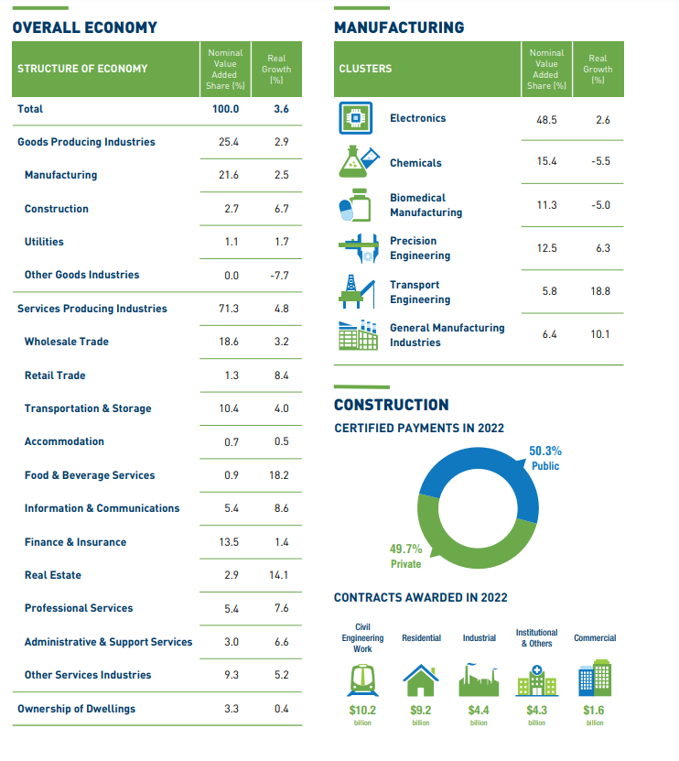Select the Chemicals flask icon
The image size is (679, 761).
coord(358,161)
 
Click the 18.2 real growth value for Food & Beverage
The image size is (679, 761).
coord(280,475)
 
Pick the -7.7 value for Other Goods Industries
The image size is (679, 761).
coord(280,275)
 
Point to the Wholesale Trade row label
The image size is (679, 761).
coord(67,342)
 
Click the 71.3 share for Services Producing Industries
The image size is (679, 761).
coord(229,309)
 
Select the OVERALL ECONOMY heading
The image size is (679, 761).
coord(85,27)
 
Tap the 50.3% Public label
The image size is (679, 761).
coord(545,458)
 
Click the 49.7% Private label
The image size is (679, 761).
coord(406,556)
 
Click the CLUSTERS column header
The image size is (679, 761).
coord(365,69)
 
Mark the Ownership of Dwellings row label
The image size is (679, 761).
coord(76,709)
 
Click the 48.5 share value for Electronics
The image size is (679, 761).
coord(547,120)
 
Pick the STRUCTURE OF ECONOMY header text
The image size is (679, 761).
coord(82,69)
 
